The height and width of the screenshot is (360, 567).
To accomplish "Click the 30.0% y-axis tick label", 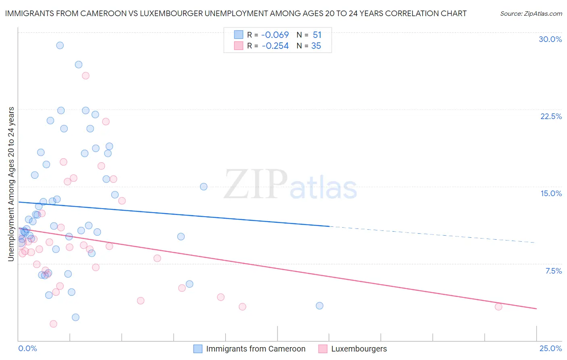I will click(550, 39).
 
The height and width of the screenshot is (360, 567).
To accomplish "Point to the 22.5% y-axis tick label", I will click(551, 116).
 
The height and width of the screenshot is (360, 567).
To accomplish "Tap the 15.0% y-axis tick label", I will click(551, 193).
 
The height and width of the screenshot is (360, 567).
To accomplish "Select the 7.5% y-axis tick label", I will click(553, 271).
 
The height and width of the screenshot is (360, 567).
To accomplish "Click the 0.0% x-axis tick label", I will click(27, 348).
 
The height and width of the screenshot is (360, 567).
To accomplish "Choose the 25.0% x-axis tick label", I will click(550, 348).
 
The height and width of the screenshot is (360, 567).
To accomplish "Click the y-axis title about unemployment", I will click(11, 184).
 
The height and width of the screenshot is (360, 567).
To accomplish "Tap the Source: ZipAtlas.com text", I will click(531, 14).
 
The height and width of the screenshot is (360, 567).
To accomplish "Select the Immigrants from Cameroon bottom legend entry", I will click(255, 349).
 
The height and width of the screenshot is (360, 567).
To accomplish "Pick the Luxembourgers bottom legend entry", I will click(359, 349).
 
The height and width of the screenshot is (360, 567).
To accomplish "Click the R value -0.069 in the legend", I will click(275, 35).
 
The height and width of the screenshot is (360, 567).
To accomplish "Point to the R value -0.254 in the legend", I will click(275, 46).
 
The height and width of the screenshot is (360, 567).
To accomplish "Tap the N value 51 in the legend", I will click(317, 35).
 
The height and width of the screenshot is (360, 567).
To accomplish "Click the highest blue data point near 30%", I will click(60, 45).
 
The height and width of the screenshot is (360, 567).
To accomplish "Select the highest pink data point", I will click(85, 75).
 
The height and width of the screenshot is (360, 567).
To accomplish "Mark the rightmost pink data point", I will click(498, 307).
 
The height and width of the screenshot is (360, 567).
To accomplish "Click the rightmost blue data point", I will click(319, 306).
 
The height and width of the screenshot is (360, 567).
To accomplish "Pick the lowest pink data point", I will click(53, 324).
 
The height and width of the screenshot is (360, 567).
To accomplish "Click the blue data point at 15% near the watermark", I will click(204, 186).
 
